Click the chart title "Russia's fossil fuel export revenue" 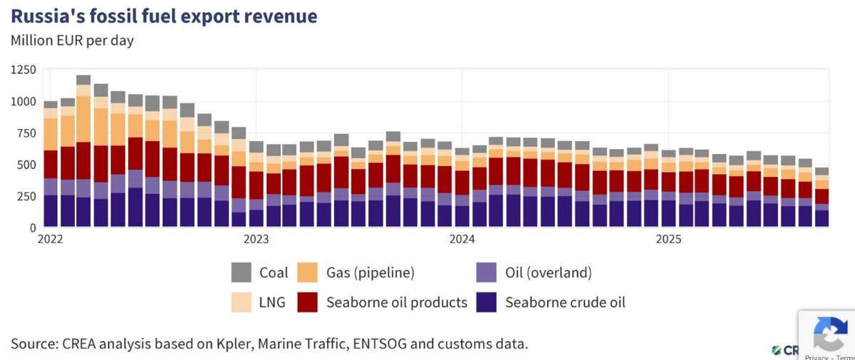(x=164, y=16)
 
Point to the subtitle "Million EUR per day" (x=72, y=40)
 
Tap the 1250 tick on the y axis (x=24, y=69)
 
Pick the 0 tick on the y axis (x=33, y=227)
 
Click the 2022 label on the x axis (x=51, y=240)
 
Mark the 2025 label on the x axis (x=668, y=240)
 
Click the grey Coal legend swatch (x=241, y=272)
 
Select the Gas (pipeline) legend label (x=370, y=272)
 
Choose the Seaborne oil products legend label (x=396, y=302)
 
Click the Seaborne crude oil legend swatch (x=486, y=302)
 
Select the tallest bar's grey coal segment (x=83, y=80)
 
